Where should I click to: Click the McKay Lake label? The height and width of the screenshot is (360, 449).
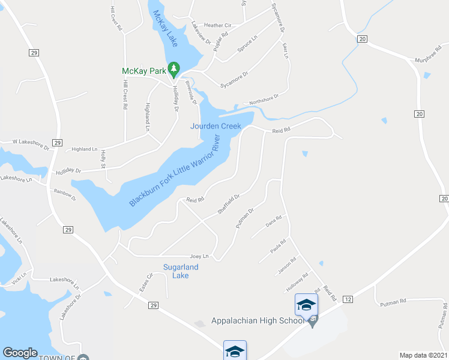164,29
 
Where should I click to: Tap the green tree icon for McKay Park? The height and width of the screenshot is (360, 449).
174,70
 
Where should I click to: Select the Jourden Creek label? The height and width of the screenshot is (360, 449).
215,126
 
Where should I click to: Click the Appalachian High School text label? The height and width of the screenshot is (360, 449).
258,320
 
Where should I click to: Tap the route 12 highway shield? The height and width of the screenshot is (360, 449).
348,299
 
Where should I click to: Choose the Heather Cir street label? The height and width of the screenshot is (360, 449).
217,25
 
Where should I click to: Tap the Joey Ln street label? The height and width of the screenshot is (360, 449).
199,256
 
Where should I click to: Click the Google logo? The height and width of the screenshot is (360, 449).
20,353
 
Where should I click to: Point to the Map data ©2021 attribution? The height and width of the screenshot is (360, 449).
423,355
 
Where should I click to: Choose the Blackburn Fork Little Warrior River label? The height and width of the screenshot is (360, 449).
174,172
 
